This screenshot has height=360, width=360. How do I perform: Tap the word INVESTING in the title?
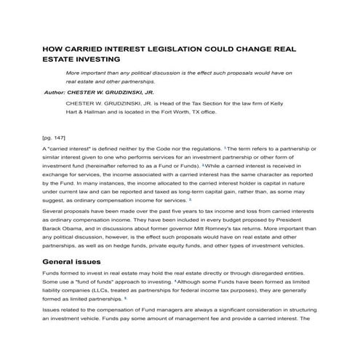90,60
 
